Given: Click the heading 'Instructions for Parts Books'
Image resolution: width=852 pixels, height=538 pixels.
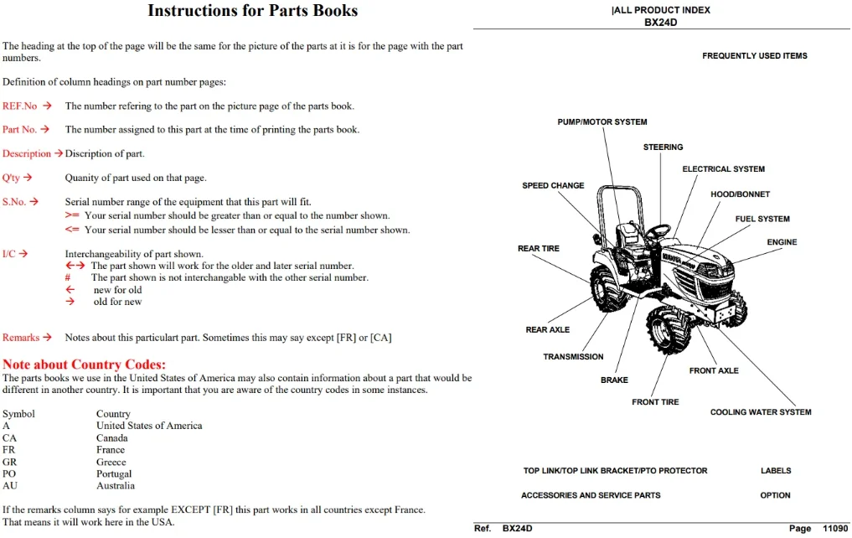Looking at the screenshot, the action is [x=253, y=11].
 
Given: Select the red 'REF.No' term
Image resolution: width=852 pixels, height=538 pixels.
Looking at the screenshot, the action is [x=19, y=106].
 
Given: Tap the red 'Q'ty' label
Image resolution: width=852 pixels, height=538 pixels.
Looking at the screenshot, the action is [x=11, y=178].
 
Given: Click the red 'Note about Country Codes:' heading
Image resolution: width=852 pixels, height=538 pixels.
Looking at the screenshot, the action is [x=85, y=364].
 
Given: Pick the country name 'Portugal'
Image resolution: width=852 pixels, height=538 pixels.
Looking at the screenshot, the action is [x=114, y=473].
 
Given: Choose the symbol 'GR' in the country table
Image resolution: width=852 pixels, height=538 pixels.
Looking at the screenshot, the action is [x=9, y=462].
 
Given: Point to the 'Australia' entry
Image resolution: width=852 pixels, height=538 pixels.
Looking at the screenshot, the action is [x=116, y=486].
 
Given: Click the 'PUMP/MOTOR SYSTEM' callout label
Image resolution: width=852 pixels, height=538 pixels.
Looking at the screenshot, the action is [x=602, y=122].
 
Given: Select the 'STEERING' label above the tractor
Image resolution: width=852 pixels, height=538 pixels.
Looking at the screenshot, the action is [x=663, y=147].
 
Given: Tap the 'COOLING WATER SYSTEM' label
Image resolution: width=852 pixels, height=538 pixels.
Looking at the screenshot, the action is [x=761, y=412].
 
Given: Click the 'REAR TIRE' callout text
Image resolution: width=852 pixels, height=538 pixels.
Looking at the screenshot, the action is [x=539, y=248].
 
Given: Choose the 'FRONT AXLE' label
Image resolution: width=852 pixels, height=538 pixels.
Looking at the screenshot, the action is [x=714, y=370].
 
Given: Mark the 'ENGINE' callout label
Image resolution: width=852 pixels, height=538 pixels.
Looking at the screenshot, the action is [x=782, y=242].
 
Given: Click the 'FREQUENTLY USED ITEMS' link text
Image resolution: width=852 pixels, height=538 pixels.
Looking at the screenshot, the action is [x=755, y=56].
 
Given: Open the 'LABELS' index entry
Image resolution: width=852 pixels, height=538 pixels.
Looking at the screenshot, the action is [x=776, y=471].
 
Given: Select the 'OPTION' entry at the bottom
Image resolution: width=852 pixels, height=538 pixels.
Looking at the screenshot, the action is [x=776, y=495].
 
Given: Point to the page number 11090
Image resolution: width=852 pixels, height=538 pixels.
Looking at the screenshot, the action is [x=835, y=528].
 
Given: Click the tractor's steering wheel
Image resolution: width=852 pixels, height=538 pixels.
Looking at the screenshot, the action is [x=658, y=230].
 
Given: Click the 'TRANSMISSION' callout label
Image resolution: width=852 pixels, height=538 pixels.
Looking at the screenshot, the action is [x=573, y=356].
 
